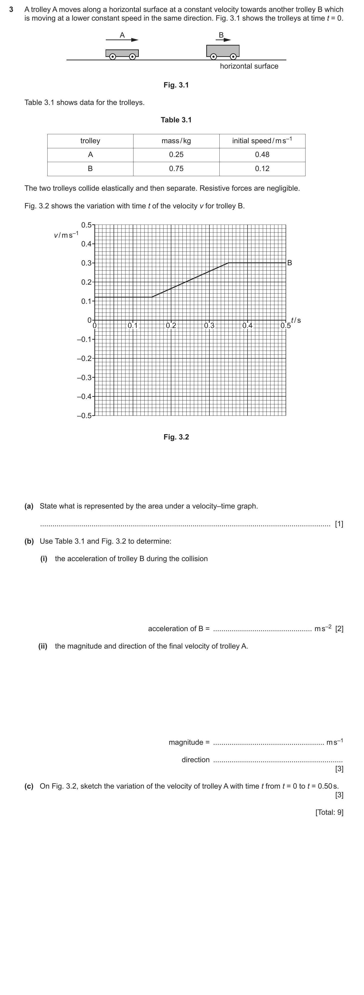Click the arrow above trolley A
(x=122, y=40)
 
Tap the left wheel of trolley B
(x=213, y=56)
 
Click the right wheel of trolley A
(x=132, y=56)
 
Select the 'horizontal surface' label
(x=249, y=66)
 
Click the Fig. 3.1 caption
(x=176, y=85)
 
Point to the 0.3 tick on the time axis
(x=209, y=325)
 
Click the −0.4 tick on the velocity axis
(x=85, y=396)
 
